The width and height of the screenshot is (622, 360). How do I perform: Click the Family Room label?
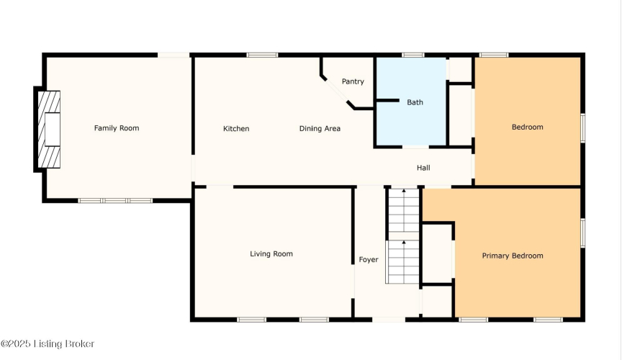coord(117,128)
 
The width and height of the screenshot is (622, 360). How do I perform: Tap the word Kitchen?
coord(236,129)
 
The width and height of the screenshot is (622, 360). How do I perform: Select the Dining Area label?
coord(320,129)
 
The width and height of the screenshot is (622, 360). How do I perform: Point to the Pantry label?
coord(353,81)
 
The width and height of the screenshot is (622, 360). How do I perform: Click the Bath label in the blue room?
coord(415,102)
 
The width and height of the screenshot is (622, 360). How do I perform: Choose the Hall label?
coord(423,168)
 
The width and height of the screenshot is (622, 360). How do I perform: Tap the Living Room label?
coord(271,254)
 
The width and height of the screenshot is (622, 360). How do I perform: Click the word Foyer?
coord(369,260)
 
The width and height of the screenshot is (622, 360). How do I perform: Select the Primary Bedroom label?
coord(513,256)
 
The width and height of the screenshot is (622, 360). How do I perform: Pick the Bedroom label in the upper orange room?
coord(528,127)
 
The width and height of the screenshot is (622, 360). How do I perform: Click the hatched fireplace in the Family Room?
coord(49,130)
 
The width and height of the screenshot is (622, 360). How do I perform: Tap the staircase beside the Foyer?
coord(403,235)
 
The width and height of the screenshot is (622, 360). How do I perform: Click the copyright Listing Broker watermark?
coord(48,343)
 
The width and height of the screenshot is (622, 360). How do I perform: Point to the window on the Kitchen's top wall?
coord(262,55)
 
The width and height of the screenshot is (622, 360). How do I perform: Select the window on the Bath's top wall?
coord(413,55)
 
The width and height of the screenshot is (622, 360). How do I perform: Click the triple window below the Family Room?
coord(115,201)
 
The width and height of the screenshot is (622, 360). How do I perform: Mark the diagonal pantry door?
coord(337,91)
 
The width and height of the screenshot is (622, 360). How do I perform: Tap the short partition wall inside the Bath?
coord(387,100)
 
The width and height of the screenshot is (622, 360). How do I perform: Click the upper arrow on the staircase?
coord(404,192)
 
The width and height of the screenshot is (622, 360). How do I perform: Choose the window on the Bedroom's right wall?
coord(582,128)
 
